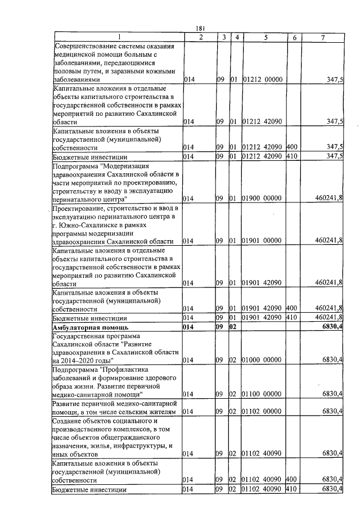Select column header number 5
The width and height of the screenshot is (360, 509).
pyautogui.click(x=264, y=37)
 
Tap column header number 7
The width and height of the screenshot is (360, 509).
pyautogui.click(x=322, y=37)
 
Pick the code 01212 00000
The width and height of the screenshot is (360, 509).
pyautogui.click(x=262, y=80)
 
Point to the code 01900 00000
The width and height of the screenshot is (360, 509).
pyautogui.click(x=262, y=199)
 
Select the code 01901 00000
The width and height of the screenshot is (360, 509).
pyautogui.click(x=262, y=241)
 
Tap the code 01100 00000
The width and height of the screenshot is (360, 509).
pyautogui.click(x=262, y=394)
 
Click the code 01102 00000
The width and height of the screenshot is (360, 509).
pyautogui.click(x=262, y=411)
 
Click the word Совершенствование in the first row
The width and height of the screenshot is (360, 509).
pyautogui.click(x=91, y=46)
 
